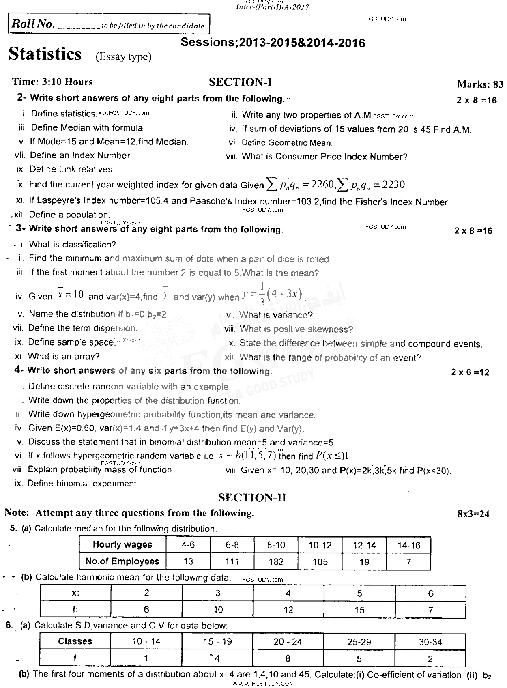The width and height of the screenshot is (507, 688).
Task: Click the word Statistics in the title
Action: (45, 54)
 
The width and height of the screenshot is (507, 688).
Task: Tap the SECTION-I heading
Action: (240, 82)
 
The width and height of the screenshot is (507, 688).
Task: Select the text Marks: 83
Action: (480, 84)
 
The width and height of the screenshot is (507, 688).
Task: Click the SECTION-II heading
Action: (252, 497)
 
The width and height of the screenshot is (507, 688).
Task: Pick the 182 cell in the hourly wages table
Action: (276, 562)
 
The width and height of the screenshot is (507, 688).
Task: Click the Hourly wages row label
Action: (122, 545)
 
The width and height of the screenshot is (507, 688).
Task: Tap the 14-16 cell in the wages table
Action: (408, 545)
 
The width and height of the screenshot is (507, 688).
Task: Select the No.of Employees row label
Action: (122, 561)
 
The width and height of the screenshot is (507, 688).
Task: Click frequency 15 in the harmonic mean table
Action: (359, 610)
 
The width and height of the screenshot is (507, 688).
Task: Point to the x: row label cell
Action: (75, 593)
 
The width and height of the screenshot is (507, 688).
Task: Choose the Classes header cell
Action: (75, 641)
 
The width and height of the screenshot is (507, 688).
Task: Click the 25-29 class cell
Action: (359, 642)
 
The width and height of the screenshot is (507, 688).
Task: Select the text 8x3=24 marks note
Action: (473, 514)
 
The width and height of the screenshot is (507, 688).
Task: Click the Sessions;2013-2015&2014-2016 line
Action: (273, 43)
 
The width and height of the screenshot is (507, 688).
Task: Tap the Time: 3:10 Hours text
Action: (52, 82)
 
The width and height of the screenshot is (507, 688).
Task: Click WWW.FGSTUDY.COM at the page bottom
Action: (263, 684)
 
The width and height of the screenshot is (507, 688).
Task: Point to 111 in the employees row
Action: (232, 562)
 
